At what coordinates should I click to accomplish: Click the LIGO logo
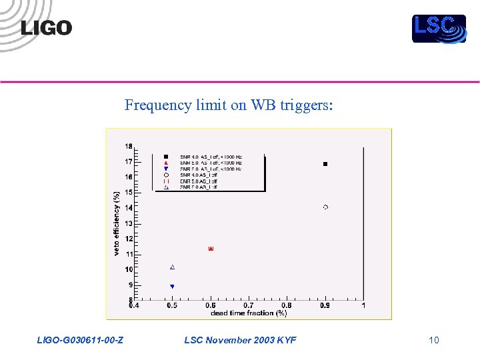tap(46, 27)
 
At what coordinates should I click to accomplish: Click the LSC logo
tap(438, 28)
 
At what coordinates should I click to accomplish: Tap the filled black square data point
tap(325, 163)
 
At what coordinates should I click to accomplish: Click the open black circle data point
tap(325, 207)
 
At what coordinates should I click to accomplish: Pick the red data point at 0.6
tap(211, 249)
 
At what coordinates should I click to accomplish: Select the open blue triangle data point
tap(172, 267)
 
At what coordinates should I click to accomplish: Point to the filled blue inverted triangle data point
tap(172, 287)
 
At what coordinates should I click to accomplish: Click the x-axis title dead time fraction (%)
tap(249, 313)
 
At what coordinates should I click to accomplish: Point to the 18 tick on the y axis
tap(128, 146)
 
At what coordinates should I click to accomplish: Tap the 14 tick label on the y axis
tap(128, 207)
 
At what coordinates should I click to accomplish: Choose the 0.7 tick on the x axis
tap(249, 306)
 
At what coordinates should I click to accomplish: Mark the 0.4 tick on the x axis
tap(135, 306)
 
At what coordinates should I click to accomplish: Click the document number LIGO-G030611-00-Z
tap(80, 340)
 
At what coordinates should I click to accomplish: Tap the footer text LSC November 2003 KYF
tap(240, 340)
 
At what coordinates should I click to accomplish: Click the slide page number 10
tap(434, 340)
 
